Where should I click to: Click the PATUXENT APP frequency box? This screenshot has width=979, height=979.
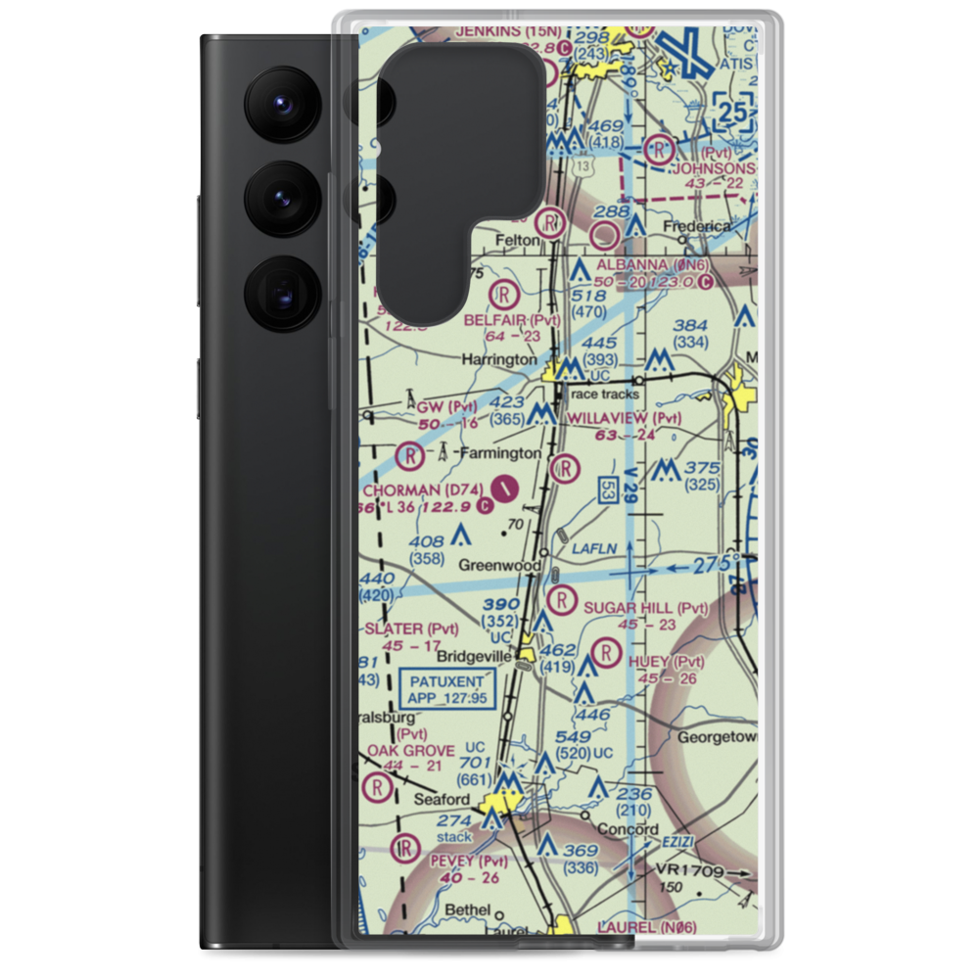click(447, 688)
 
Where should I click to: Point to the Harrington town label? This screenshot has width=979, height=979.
click(499, 359)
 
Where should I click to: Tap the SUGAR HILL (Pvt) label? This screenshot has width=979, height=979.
click(645, 608)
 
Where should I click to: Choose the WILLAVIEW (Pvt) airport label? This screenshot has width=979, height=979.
click(624, 417)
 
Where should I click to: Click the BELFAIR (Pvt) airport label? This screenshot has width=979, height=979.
click(526, 320)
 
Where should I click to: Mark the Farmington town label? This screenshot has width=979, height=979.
click(500, 453)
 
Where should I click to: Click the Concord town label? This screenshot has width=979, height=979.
click(628, 829)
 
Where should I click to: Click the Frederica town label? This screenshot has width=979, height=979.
click(697, 226)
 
